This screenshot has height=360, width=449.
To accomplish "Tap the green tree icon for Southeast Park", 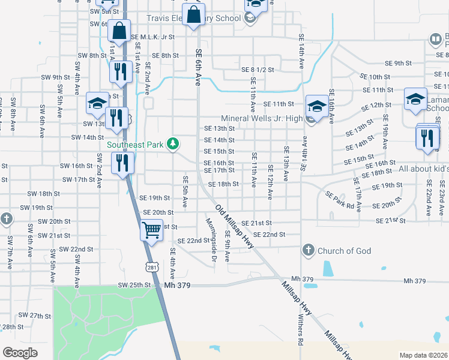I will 173,143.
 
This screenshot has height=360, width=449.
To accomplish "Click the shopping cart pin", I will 152,230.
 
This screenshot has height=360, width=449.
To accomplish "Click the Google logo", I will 20,353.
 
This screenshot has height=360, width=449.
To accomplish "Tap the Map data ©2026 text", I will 423,355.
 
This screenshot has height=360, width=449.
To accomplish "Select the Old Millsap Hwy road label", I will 235,226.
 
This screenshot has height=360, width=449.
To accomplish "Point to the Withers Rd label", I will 300,331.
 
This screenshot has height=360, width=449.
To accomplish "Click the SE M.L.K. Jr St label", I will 152,37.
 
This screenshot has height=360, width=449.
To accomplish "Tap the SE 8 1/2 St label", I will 258,70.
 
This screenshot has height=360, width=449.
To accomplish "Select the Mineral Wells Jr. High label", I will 262,118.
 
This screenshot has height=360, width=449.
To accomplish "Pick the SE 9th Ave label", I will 228,246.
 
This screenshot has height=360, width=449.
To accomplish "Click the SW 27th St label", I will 35,315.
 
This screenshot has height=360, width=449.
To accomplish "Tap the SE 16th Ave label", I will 331,106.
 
